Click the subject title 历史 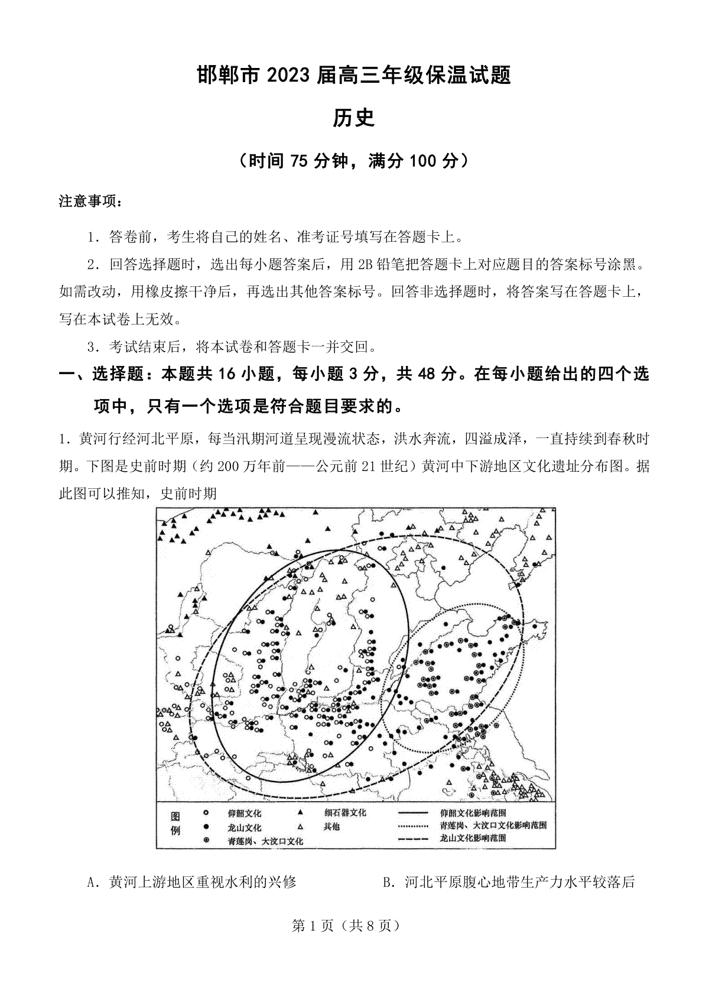[354, 119]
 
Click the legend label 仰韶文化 [245, 813]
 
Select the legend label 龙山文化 [245, 827]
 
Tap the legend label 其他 [331, 826]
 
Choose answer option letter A [91, 883]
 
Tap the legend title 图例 [175, 823]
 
